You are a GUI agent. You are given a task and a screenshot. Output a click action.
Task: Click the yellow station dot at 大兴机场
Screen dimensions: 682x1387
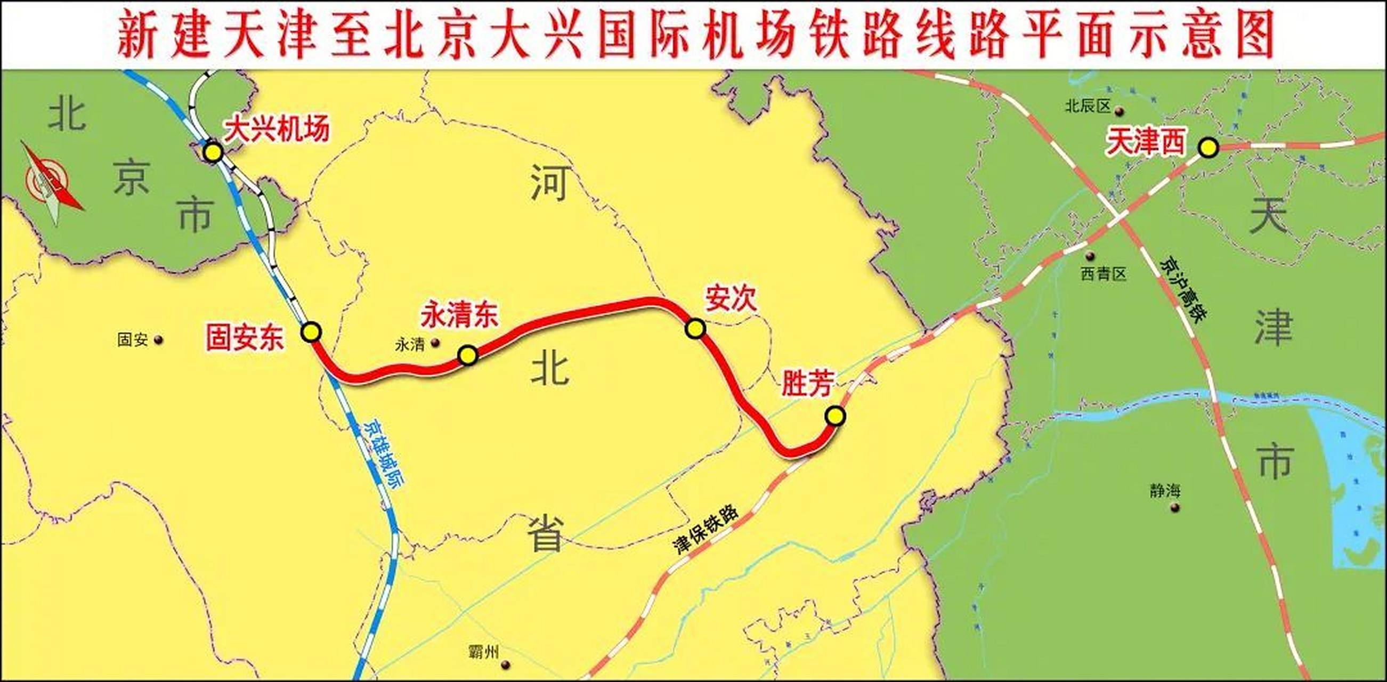213,153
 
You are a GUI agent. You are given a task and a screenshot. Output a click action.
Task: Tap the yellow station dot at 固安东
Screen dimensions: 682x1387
311,332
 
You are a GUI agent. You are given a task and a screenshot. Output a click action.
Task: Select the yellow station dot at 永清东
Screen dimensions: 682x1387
467,355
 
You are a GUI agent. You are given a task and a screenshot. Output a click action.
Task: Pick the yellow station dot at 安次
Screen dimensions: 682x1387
695,328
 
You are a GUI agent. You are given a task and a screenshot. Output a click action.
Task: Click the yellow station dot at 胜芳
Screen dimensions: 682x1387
835,416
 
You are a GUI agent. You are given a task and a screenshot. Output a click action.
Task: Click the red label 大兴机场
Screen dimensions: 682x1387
276,129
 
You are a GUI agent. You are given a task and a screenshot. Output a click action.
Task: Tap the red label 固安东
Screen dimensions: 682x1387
245,338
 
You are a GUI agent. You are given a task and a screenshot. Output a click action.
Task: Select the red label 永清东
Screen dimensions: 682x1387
459,315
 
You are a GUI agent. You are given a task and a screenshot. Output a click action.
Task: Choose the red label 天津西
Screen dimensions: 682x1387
1145,143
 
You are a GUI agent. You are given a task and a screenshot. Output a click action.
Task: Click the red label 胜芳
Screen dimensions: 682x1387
807,383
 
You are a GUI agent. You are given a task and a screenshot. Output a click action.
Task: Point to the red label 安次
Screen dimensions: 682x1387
731,299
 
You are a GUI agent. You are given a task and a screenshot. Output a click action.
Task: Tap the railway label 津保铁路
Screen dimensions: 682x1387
705,530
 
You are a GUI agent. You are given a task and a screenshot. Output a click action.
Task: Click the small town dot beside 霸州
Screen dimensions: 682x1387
505,665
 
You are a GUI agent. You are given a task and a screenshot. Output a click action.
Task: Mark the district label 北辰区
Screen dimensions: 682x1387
1088,106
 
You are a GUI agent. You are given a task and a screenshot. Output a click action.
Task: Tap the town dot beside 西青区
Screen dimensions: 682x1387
1090,256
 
